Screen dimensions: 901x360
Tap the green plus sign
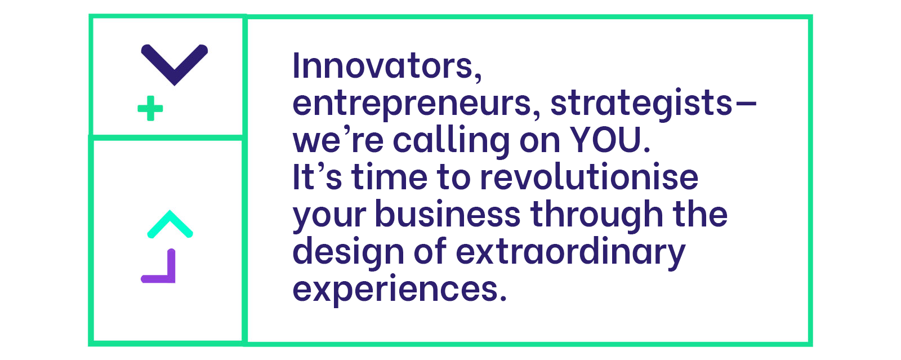pyautogui.click(x=150, y=108)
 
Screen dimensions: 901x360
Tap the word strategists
pyautogui.click(x=641, y=103)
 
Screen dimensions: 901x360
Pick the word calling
pyautogui.click(x=451, y=141)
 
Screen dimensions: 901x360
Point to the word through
pyautogui.click(x=597, y=215)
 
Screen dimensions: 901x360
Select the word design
pyautogui.click(x=349, y=252)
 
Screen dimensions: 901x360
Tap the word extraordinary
pyautogui.click(x=570, y=252)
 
